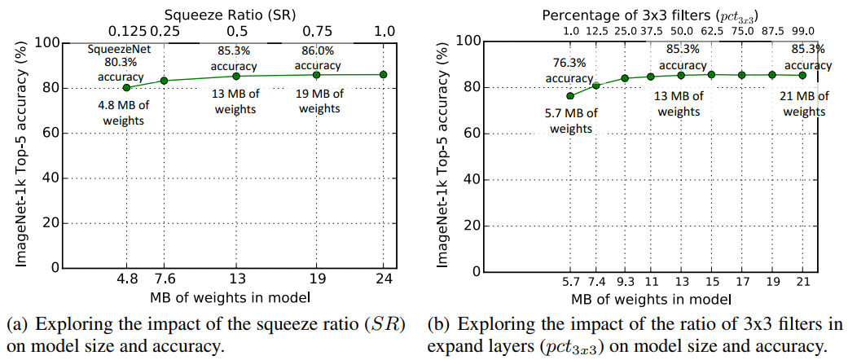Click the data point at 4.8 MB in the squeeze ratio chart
tap(126, 87)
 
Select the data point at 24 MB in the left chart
tap(383, 74)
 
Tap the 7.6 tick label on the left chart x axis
tap(164, 280)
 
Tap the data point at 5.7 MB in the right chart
tap(570, 96)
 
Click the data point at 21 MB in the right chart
tap(802, 75)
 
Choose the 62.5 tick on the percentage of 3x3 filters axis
tap(710, 31)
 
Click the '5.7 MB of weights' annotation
tap(570, 121)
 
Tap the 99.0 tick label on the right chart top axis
tap(802, 31)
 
